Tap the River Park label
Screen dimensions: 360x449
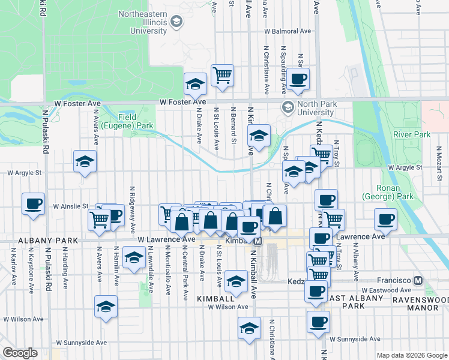(412, 135)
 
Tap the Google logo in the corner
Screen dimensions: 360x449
(20, 353)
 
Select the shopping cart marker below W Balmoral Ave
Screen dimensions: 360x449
(222, 75)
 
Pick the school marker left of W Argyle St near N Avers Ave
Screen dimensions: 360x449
(85, 161)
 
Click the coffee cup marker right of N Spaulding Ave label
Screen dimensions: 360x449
(298, 79)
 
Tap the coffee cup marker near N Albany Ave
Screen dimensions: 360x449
(385, 219)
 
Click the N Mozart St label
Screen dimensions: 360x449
(439, 163)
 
